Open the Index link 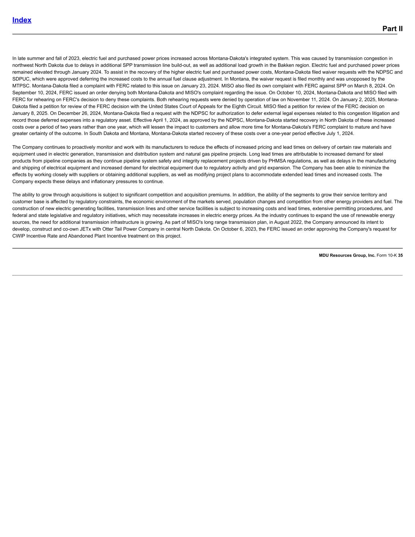tap(22, 20)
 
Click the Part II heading tap(392, 29)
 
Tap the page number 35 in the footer tap(400, 255)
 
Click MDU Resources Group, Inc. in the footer tap(347, 255)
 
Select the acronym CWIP tap(19, 236)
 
